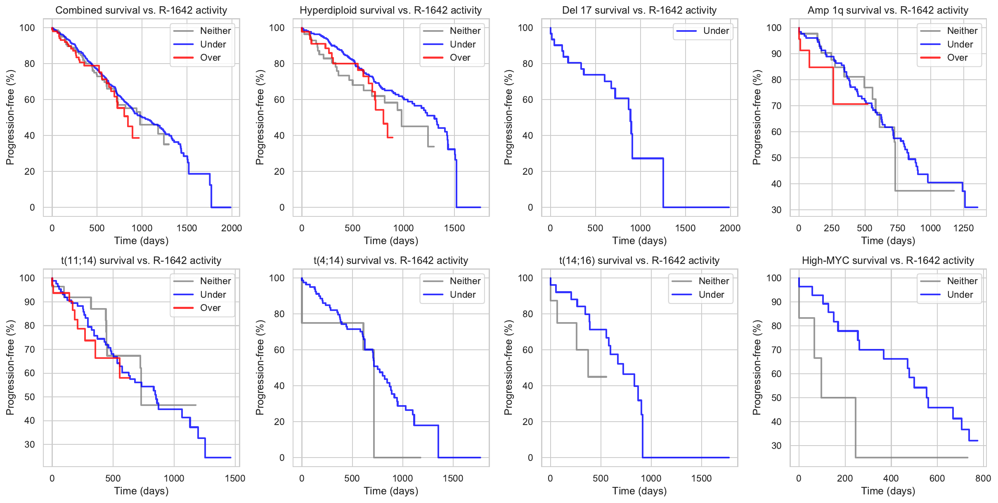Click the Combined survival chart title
click(141, 10)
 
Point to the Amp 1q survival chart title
click(888, 10)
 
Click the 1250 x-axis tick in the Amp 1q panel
click(963, 228)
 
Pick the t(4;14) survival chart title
click(390, 261)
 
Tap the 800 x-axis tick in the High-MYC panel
click(983, 479)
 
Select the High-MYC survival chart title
click(888, 261)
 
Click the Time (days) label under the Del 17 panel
click(639, 241)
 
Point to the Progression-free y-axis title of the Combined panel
click(10, 117)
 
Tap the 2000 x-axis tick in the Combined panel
click(232, 228)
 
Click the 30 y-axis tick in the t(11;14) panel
click(30, 445)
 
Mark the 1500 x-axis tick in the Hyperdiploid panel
click(454, 228)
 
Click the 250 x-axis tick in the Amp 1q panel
click(832, 228)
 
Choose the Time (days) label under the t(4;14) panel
click(391, 491)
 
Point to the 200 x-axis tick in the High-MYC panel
click(845, 479)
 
